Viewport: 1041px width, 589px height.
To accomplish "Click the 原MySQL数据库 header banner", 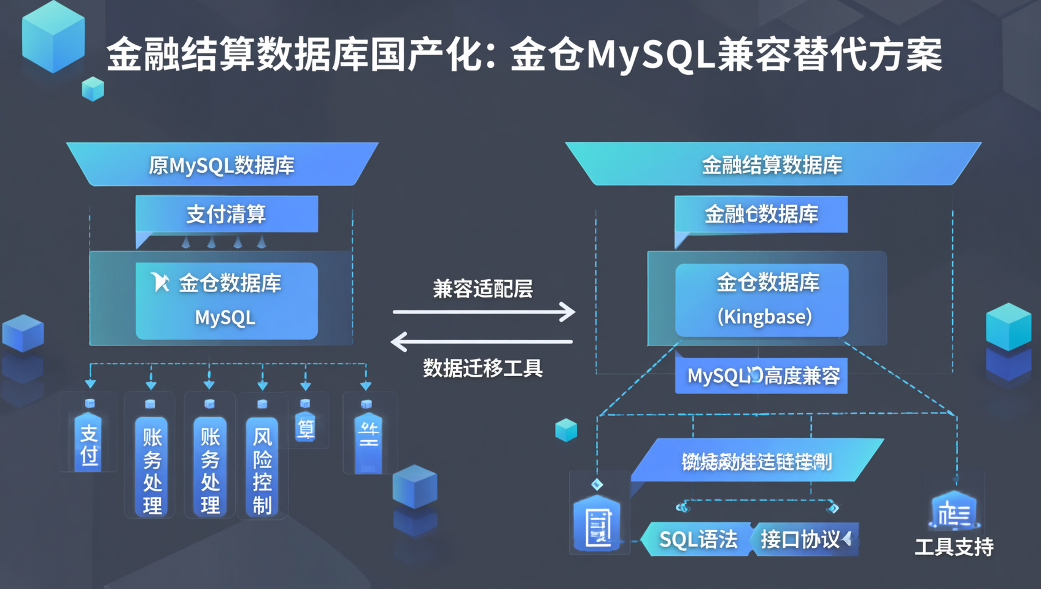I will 222,165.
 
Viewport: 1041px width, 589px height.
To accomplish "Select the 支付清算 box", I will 226,214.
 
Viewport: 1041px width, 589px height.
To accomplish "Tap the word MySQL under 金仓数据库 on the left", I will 225,318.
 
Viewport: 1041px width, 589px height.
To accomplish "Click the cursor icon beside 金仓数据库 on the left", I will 160,282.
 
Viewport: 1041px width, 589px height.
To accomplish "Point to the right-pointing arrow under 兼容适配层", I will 484,312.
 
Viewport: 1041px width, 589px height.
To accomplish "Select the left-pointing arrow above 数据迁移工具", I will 482,342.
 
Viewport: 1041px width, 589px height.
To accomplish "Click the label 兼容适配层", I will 482,288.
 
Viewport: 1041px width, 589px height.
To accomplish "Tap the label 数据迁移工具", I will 482,368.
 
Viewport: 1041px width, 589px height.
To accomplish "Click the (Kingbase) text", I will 764,317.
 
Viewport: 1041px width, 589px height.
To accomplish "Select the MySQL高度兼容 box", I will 761,375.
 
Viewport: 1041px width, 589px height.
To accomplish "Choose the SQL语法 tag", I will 698,539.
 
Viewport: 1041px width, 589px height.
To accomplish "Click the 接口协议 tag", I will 801,539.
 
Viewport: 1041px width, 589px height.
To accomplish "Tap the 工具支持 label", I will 953,547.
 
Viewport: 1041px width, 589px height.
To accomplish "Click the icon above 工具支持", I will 953,511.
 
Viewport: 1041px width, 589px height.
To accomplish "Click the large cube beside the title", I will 53,38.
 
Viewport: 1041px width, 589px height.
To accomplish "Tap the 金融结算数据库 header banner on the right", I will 772,164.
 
